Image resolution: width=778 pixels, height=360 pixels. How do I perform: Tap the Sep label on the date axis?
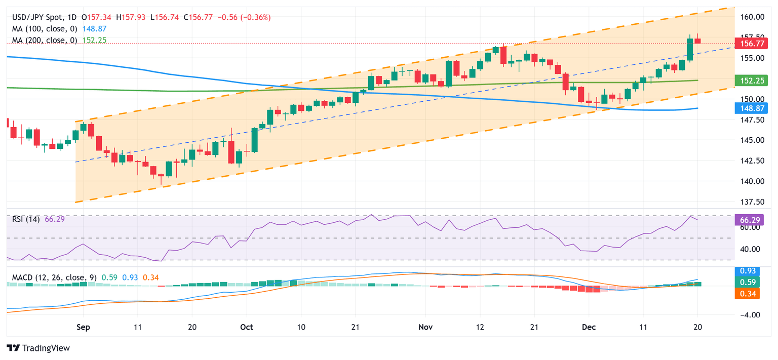83,327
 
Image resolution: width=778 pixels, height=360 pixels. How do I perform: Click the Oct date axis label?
247,327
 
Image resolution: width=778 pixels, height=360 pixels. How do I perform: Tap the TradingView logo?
38,348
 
